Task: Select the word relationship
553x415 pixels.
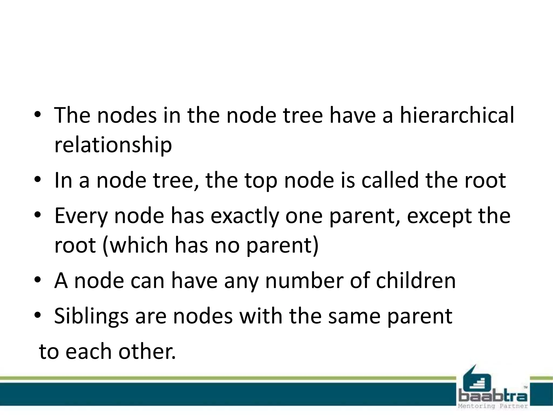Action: (113, 145)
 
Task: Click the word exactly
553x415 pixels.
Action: (245, 216)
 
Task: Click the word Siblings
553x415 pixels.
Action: (91, 316)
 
